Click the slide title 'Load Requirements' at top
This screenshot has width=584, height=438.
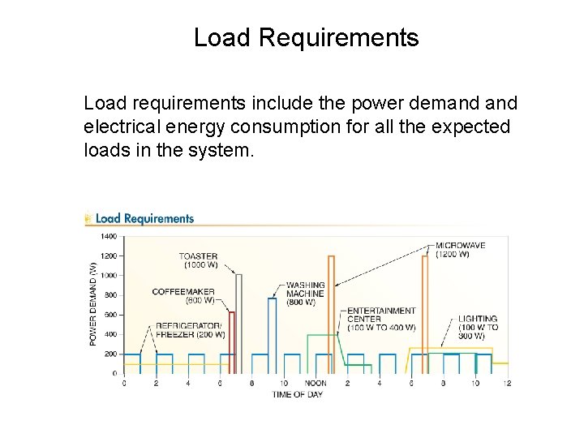pos(306,38)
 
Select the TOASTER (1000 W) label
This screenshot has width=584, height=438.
pos(198,260)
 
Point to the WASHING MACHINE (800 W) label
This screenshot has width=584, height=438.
pos(305,294)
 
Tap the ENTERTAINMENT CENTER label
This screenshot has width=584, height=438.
pos(380,319)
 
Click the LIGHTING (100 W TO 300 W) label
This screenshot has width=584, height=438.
pos(478,327)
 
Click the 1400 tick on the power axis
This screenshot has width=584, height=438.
pos(109,237)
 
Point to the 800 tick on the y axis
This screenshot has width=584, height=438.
pos(111,295)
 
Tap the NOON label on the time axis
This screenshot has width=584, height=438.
pos(316,383)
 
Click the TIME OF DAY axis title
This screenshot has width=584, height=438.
pos(298,394)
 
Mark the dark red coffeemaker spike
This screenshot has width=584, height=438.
pos(232,341)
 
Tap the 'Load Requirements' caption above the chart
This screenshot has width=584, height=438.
pos(144,218)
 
